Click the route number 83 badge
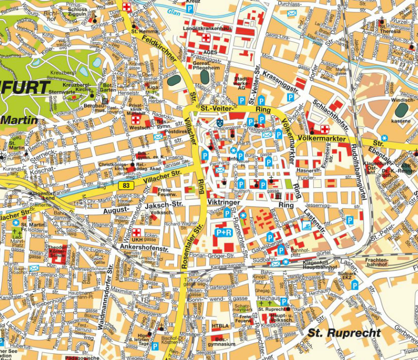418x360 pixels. coord(125,186)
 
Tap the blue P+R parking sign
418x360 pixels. coord(223,233)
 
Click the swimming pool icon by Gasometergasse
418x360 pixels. coord(306,225)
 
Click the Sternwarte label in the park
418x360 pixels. coord(61,92)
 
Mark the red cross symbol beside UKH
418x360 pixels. coord(136,233)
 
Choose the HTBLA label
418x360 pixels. coord(220,326)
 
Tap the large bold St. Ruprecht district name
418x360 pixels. coord(344,333)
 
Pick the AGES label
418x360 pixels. coord(210,52)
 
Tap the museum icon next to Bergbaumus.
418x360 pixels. coord(105,101)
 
